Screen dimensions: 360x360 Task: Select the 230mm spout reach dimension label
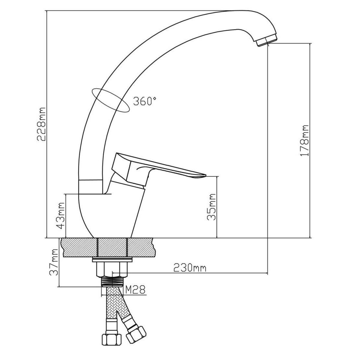[x=190, y=268]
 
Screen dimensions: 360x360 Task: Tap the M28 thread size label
[x=135, y=290]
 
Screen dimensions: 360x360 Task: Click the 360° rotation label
[x=145, y=101]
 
